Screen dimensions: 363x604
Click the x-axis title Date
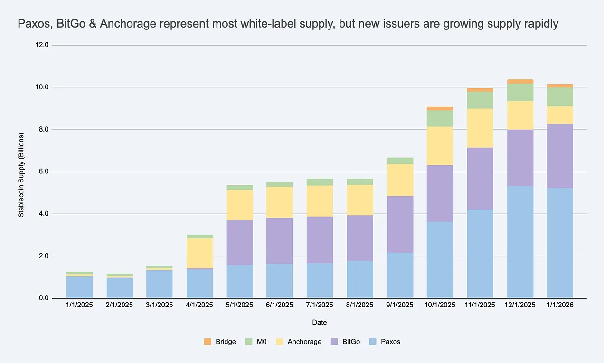point(319,323)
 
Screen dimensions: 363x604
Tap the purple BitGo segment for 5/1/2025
point(239,242)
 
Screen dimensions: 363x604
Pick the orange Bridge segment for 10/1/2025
point(440,108)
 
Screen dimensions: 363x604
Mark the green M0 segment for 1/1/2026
point(560,97)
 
